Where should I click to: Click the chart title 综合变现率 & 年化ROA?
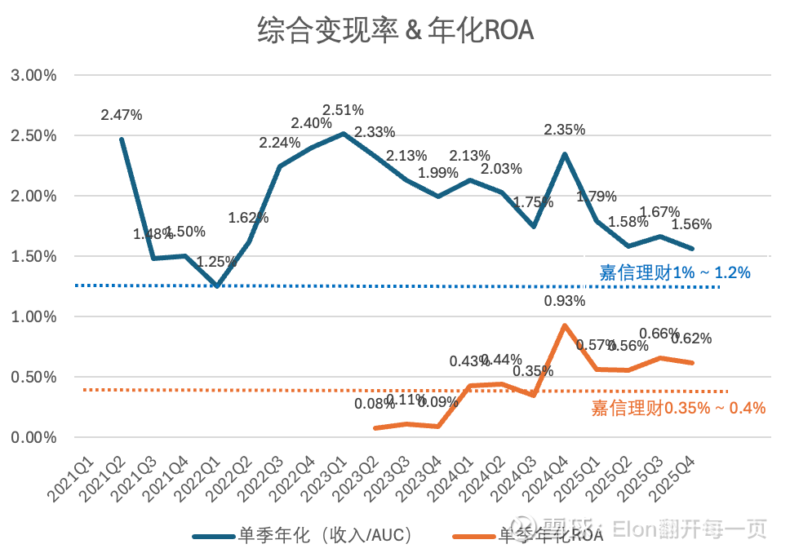pyautogui.click(x=395, y=30)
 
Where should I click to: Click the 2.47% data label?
pyautogui.click(x=122, y=115)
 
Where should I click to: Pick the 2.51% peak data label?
pyautogui.click(x=343, y=110)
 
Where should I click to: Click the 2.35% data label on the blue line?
pyautogui.click(x=565, y=129)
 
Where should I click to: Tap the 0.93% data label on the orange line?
pyautogui.click(x=565, y=302)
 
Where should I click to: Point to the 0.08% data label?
pyautogui.click(x=375, y=403)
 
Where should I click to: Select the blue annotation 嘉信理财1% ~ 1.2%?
pyautogui.click(x=674, y=273)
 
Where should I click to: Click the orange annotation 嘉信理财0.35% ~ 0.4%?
pyautogui.click(x=678, y=409)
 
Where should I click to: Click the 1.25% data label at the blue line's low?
pyautogui.click(x=217, y=262)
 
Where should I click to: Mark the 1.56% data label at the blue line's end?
pyautogui.click(x=691, y=225)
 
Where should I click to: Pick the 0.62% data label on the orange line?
pyautogui.click(x=691, y=338)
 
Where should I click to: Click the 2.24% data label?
pyautogui.click(x=280, y=142)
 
